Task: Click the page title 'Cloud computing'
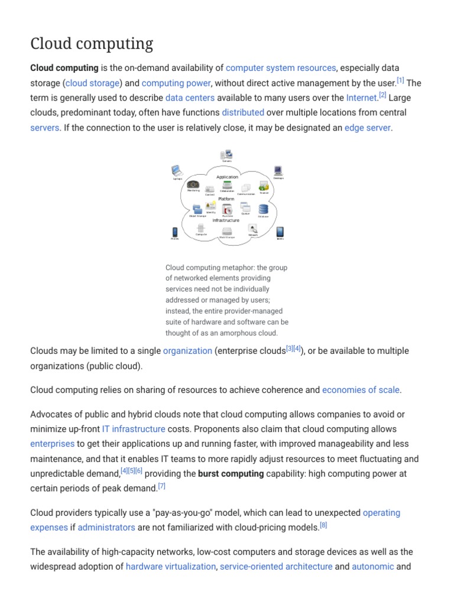92,44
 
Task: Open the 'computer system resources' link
281,68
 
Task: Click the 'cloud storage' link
93,83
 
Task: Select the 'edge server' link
367,127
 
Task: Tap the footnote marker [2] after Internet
382,95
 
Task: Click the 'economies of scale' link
361,390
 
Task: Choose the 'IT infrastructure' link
134,429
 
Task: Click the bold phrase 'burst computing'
231,474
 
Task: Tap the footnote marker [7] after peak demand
161,486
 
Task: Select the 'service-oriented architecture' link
276,567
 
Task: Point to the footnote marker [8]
323,525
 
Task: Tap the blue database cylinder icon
263,209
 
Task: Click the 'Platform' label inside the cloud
226,199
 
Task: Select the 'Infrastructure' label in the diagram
226,220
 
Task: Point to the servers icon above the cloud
226,155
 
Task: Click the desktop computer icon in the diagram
278,171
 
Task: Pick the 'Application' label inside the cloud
227,177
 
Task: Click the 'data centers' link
190,97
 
